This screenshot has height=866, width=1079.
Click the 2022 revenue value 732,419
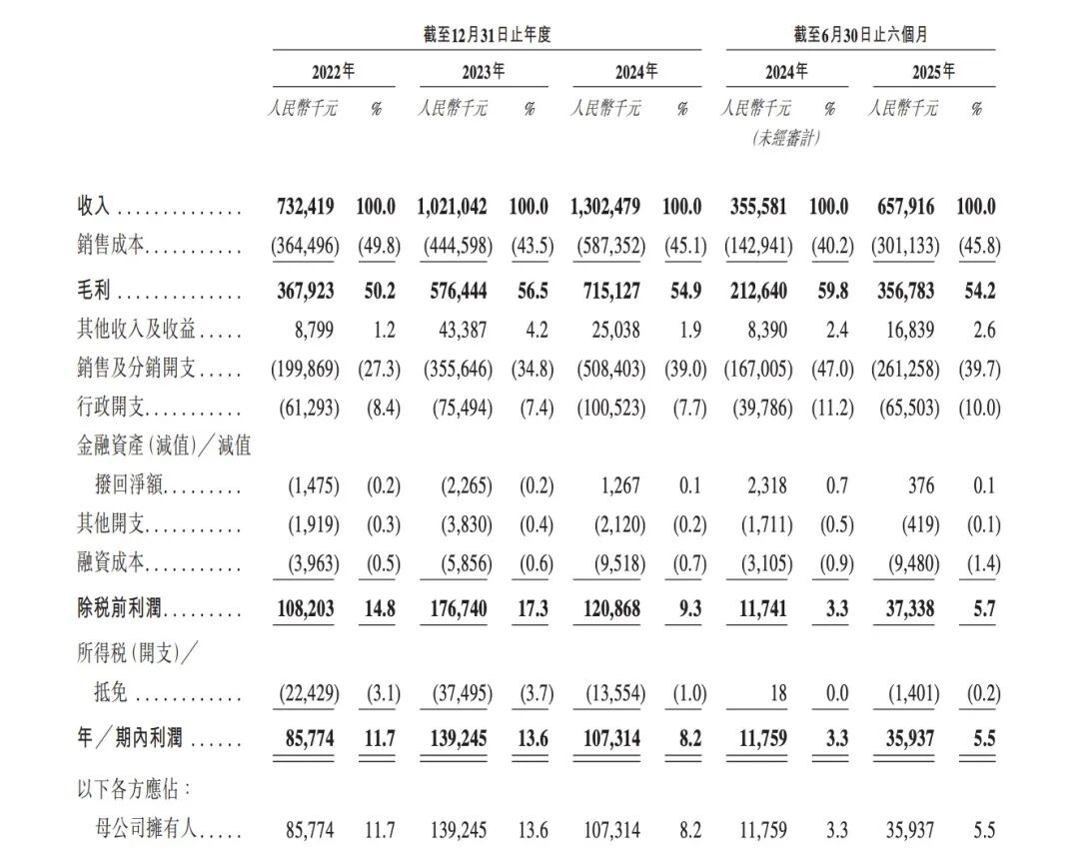(x=306, y=208)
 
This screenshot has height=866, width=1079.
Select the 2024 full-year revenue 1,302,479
(x=608, y=208)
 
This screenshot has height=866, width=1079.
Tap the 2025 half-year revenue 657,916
(x=906, y=208)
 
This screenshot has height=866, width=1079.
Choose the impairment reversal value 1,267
(x=623, y=486)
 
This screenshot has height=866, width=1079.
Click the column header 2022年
(x=333, y=72)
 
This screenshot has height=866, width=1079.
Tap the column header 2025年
(x=933, y=72)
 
